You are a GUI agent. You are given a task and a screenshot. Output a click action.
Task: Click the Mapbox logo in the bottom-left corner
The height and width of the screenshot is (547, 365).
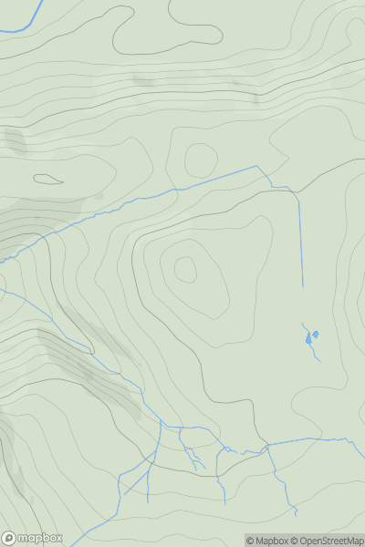click(33, 538)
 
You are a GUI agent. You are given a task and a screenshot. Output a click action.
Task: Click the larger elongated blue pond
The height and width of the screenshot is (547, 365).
click(308, 340)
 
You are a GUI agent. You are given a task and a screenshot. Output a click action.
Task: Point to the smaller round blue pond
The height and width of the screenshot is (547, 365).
click(316, 335)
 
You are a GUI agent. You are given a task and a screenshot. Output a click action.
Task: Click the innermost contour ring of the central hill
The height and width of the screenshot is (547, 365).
click(185, 269)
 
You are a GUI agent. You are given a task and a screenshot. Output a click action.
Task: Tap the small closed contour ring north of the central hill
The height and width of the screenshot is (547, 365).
click(199, 160)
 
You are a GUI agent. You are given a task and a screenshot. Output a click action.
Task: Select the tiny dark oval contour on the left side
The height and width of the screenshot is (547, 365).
click(48, 179)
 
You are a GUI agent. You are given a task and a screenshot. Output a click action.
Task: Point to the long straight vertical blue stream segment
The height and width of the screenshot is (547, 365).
click(301, 237)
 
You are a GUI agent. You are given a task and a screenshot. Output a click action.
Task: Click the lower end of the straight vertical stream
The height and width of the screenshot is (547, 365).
click(302, 286)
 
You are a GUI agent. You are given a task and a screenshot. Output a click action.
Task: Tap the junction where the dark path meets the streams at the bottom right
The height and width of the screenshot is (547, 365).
click(267, 446)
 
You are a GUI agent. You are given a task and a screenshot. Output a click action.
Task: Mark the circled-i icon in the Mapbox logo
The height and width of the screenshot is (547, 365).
click(9, 538)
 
